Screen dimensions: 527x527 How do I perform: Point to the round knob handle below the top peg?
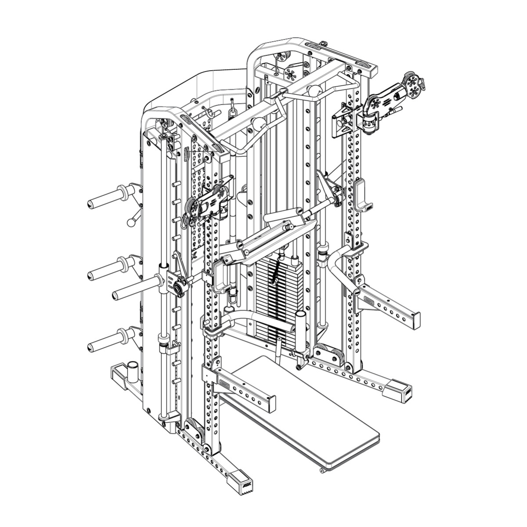[130, 222]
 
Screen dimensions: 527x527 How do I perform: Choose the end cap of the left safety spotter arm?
[272, 401]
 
